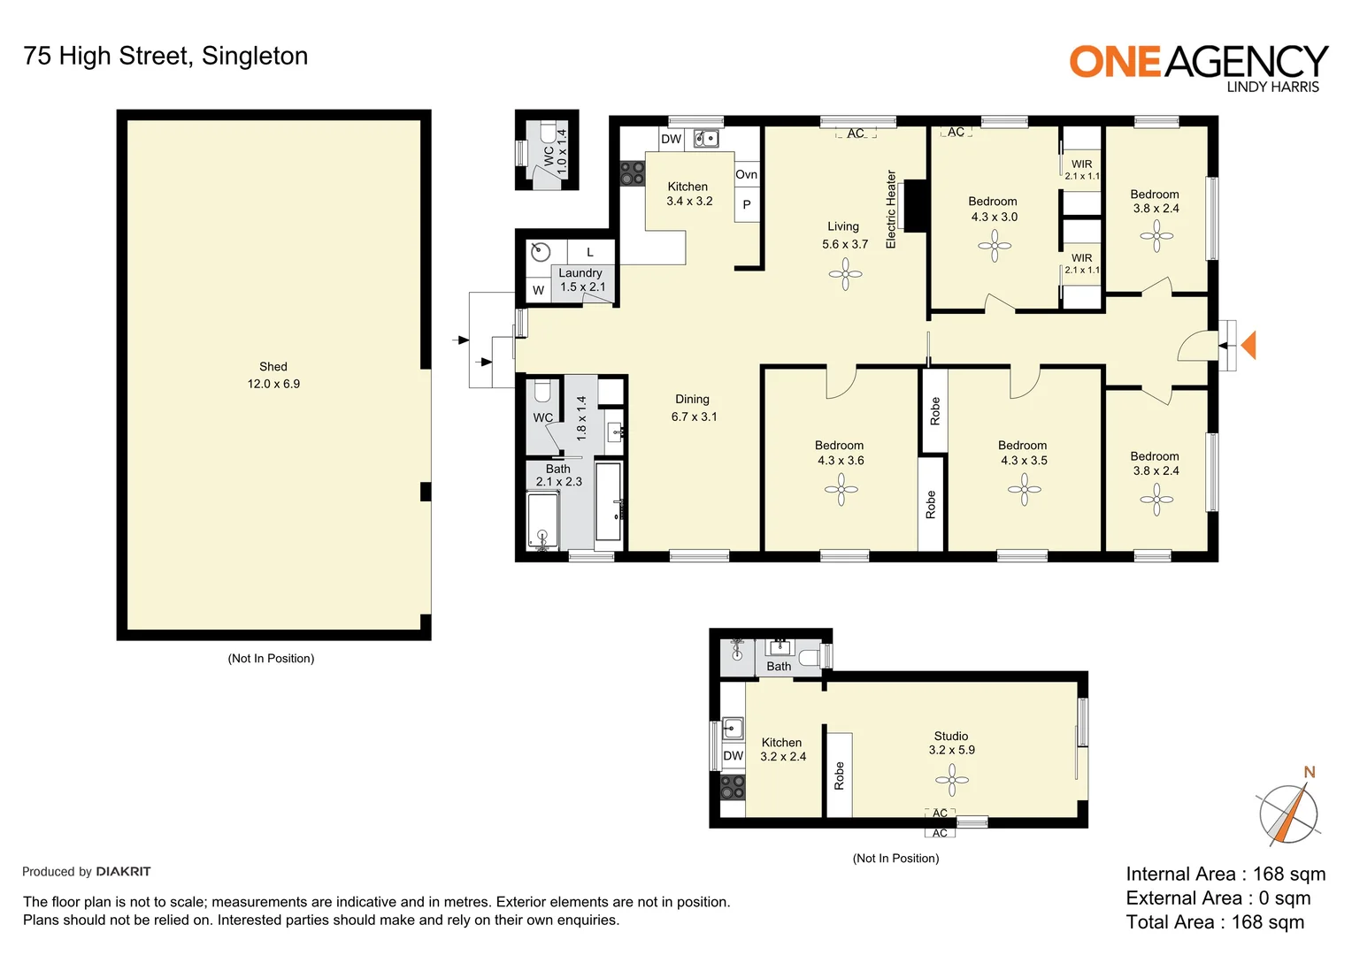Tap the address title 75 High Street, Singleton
(165, 56)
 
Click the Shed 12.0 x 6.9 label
(273, 375)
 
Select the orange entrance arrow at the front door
(1248, 345)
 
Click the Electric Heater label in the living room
(891, 210)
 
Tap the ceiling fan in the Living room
(845, 274)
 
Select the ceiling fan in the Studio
(952, 780)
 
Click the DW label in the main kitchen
(672, 139)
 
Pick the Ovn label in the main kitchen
(746, 174)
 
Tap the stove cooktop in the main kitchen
(632, 172)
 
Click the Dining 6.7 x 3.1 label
(694, 408)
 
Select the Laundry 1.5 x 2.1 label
(581, 279)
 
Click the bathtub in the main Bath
(542, 520)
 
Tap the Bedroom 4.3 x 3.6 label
(840, 453)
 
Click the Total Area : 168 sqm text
(1215, 922)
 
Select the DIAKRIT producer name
(123, 872)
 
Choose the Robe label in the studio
(839, 775)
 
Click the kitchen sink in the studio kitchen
(733, 728)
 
